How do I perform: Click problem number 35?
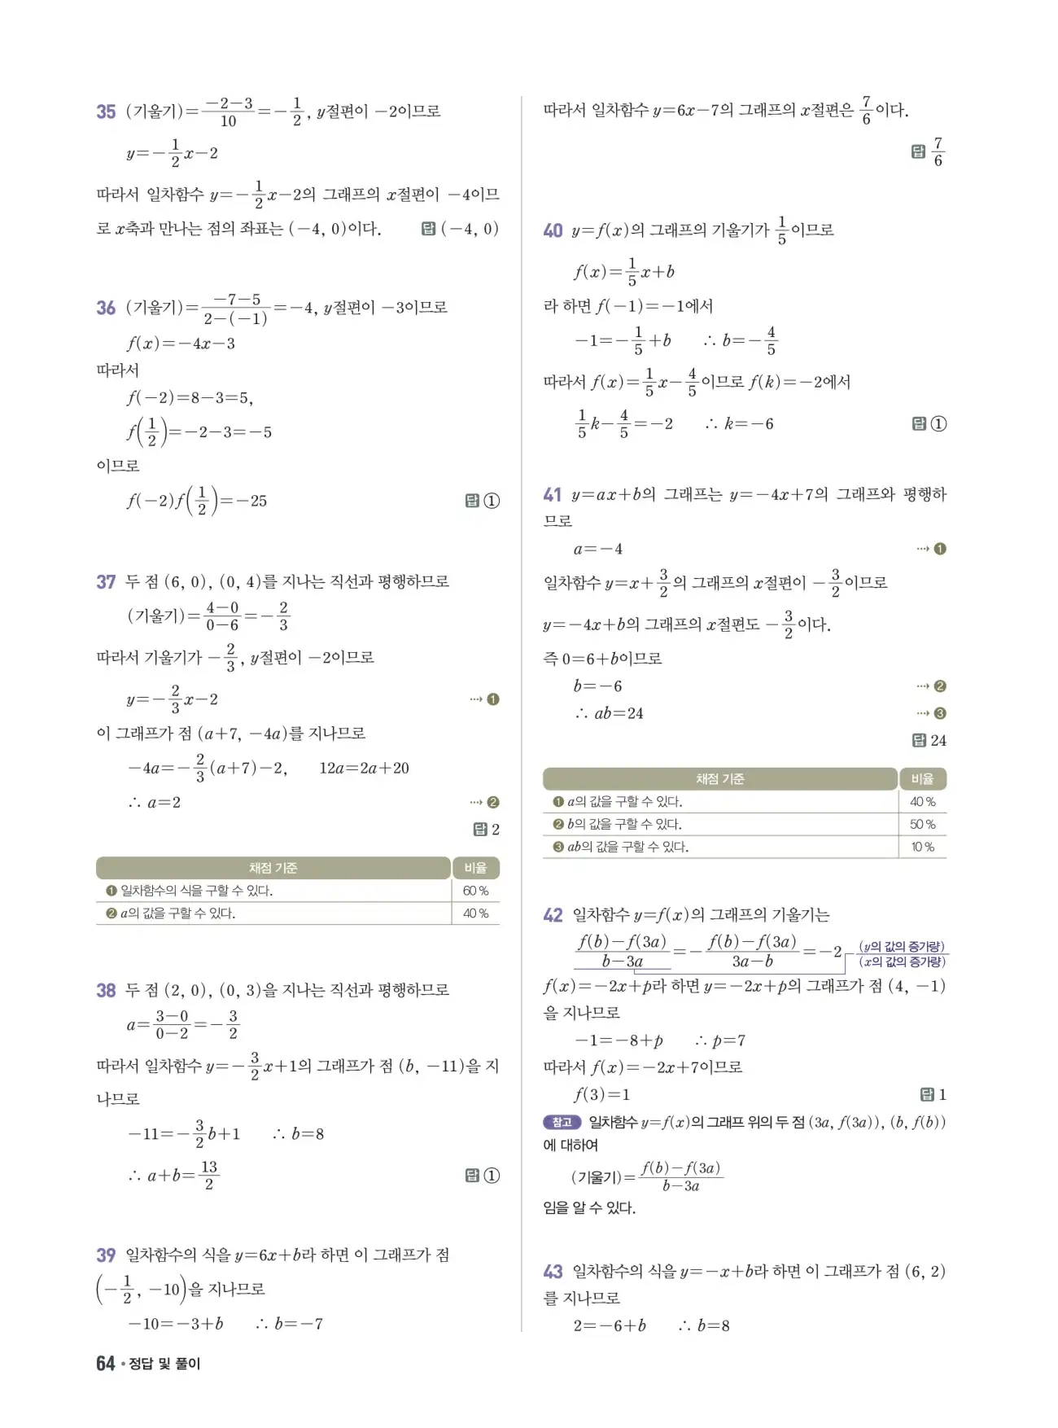(x=106, y=112)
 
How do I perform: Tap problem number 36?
(x=106, y=308)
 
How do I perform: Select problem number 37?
(x=106, y=581)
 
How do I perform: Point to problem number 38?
(x=106, y=990)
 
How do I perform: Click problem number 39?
(x=106, y=1255)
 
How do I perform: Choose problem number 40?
(x=553, y=230)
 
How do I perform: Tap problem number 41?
(x=553, y=494)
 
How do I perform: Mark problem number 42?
(x=553, y=915)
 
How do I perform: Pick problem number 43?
(x=553, y=1271)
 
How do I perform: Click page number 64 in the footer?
(x=105, y=1363)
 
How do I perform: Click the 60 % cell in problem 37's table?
(x=475, y=891)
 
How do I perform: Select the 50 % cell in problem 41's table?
(x=922, y=824)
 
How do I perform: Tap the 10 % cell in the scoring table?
(x=922, y=847)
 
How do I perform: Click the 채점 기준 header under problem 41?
(x=719, y=779)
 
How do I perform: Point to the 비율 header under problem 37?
(x=475, y=868)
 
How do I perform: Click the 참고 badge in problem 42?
(x=562, y=1122)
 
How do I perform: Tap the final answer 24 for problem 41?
(x=938, y=740)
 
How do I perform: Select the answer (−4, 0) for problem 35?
(x=469, y=229)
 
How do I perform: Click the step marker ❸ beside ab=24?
(x=940, y=713)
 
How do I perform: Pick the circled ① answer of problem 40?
(x=938, y=423)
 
